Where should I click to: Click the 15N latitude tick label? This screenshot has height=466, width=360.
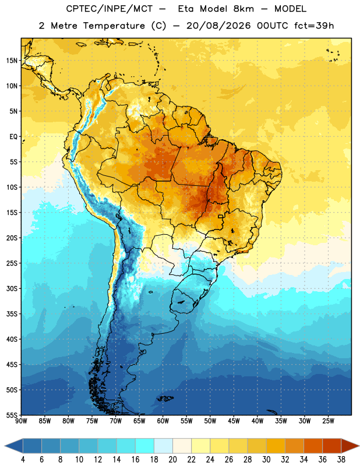[12, 61]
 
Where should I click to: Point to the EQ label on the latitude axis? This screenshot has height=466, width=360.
[13, 137]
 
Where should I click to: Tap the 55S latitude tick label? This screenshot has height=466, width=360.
[12, 415]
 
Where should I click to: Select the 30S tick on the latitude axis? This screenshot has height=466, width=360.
[12, 288]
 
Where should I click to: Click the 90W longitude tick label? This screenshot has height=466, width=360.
[21, 421]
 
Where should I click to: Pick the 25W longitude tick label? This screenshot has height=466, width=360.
[328, 421]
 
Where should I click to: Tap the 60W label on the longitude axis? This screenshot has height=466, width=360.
[163, 421]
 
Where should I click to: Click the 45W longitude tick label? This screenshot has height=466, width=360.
[234, 421]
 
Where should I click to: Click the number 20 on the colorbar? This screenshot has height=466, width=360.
[172, 460]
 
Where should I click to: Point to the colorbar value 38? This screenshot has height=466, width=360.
[341, 460]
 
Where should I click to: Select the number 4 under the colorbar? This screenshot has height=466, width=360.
[23, 460]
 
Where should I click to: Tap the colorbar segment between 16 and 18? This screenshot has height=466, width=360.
[144, 446]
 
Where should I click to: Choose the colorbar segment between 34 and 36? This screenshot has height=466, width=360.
[313, 446]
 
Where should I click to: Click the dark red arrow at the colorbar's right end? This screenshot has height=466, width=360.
[350, 446]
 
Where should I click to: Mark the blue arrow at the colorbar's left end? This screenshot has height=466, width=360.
[14, 446]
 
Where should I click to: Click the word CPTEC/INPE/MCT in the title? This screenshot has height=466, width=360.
[110, 9]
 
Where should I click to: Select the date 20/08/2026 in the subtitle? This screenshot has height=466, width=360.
[218, 26]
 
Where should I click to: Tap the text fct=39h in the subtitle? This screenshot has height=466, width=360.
[314, 26]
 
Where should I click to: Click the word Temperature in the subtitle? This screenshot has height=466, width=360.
[114, 26]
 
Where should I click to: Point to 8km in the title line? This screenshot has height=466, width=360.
[243, 9]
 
